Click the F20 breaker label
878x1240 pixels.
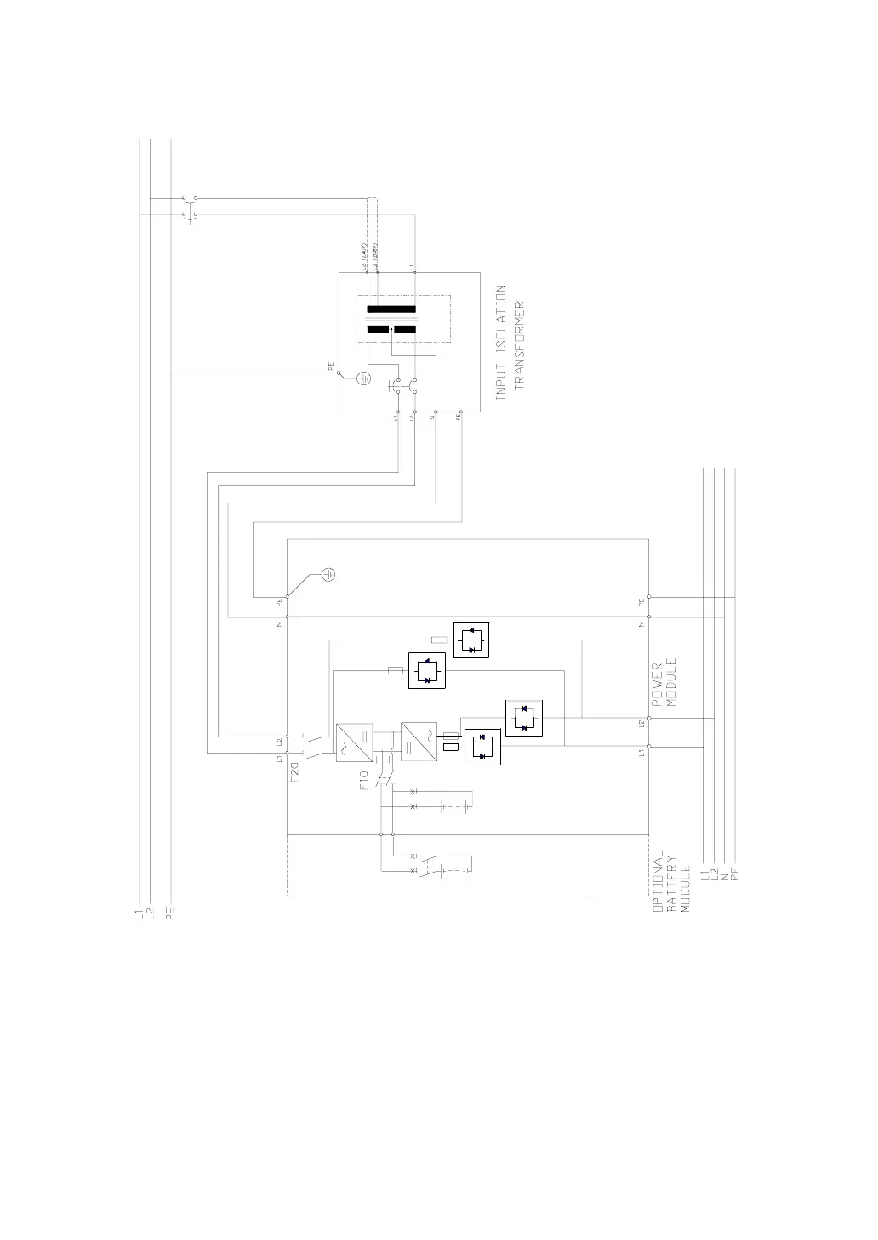click(294, 772)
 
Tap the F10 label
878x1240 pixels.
click(363, 781)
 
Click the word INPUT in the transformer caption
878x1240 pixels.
click(501, 380)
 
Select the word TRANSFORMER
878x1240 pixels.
click(520, 344)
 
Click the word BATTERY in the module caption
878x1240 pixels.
click(671, 884)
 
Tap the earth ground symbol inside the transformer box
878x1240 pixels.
click(363, 378)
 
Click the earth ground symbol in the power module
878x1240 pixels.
click(328, 575)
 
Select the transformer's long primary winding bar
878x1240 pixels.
click(391, 310)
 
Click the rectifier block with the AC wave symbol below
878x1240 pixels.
click(351, 742)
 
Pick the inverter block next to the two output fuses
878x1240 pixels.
click(418, 742)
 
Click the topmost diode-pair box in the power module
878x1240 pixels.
click(471, 640)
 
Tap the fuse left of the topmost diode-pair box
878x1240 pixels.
click(440, 640)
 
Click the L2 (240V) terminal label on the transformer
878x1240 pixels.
click(364, 255)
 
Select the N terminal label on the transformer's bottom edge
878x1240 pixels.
click(435, 418)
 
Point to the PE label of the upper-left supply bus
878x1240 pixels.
click(171, 914)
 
